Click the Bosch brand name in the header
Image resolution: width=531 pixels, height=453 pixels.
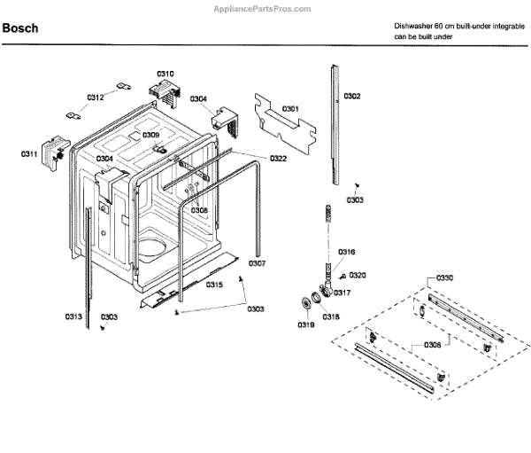pos(20,28)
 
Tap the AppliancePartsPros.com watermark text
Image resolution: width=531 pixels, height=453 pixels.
pos(263,8)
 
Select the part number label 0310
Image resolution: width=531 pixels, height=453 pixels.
pos(165,74)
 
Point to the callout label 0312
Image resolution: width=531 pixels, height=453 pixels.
pos(95,98)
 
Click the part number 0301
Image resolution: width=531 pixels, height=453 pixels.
pos(290,109)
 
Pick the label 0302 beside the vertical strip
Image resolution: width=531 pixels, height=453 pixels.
pos(351,96)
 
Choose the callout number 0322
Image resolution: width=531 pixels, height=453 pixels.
pos(278,159)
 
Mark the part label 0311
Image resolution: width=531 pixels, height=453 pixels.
pos(29,154)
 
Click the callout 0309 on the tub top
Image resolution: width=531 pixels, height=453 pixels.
pos(151,136)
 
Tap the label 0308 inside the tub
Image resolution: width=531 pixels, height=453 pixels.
pos(199,210)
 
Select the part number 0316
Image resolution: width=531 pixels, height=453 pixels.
pos(346,252)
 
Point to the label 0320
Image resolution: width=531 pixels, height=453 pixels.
pos(358,276)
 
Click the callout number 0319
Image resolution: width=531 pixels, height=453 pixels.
pos(305,325)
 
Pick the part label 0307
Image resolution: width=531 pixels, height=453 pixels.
pos(257,263)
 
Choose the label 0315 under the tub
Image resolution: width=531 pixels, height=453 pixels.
pos(214,285)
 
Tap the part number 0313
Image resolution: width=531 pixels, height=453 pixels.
pos(73,316)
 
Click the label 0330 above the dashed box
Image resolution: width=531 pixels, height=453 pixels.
pos(444,278)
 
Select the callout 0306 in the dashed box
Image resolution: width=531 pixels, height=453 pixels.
pos(432,342)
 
